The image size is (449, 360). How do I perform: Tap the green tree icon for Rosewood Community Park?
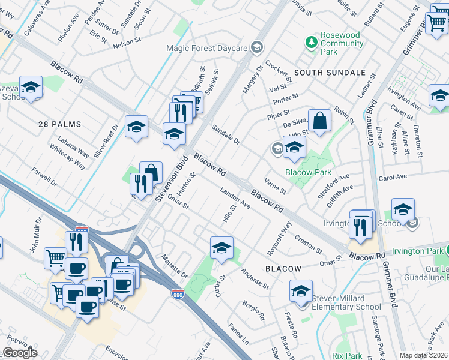[x=311, y=41]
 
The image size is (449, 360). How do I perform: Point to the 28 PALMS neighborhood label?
[x=59, y=124]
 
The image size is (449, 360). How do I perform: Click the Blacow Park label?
[x=309, y=172]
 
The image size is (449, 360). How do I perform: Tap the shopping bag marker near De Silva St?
[x=320, y=121]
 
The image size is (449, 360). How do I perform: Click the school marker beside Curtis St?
[x=221, y=248]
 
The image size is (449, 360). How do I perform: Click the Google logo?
[x=20, y=353]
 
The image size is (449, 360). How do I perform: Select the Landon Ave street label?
[x=235, y=199]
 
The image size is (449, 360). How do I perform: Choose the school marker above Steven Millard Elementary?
[x=301, y=291]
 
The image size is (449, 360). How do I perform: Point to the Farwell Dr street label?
[x=46, y=177]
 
